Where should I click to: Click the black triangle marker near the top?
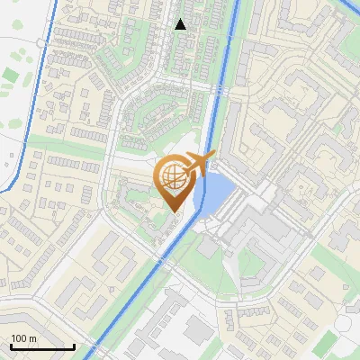pos(181,23)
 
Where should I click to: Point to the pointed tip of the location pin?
pos(174,211)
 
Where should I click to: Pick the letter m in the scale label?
pos(33,338)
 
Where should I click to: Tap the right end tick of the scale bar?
pos(74,346)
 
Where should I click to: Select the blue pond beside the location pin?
pos(214,194)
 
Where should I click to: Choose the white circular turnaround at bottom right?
pos(346,322)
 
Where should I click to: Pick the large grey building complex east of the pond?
pos(261,225)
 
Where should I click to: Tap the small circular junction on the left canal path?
pos(42,43)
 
